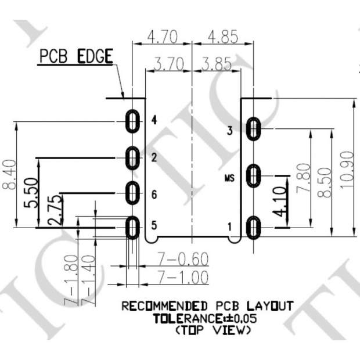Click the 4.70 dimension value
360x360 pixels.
(x=163, y=37)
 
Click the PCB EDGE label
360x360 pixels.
(x=75, y=57)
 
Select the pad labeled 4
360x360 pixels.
(x=133, y=122)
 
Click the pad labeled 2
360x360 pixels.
(x=133, y=157)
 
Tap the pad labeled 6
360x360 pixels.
(x=133, y=193)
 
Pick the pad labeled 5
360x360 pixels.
(x=133, y=226)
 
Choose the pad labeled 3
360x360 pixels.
(x=253, y=129)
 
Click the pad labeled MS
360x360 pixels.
(x=253, y=175)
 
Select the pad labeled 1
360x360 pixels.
(x=253, y=226)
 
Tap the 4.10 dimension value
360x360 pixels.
(x=279, y=201)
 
